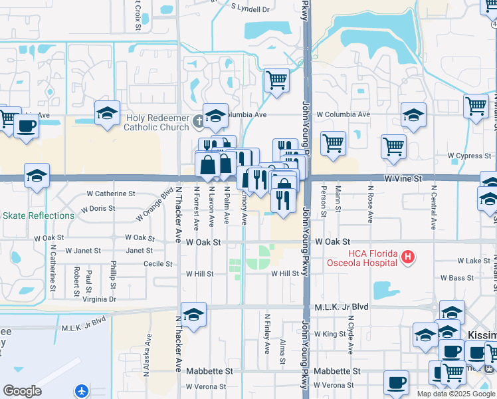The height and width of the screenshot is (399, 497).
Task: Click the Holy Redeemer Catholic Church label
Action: [157, 122]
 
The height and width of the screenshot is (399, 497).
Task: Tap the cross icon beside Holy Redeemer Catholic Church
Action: [198, 122]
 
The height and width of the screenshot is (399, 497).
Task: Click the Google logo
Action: [22, 391]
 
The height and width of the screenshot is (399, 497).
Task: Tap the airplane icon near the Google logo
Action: [82, 390]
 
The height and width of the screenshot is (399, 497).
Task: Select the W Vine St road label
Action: [403, 179]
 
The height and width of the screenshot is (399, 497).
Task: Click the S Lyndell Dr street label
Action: [250, 9]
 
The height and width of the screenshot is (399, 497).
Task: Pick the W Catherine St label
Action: [111, 194]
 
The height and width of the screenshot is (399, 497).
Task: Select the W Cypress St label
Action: [468, 156]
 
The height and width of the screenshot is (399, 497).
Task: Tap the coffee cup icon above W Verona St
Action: [397, 382]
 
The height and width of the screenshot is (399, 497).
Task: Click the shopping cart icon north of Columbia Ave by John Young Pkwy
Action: [276, 80]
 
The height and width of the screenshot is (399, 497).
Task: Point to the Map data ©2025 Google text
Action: [455, 394]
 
